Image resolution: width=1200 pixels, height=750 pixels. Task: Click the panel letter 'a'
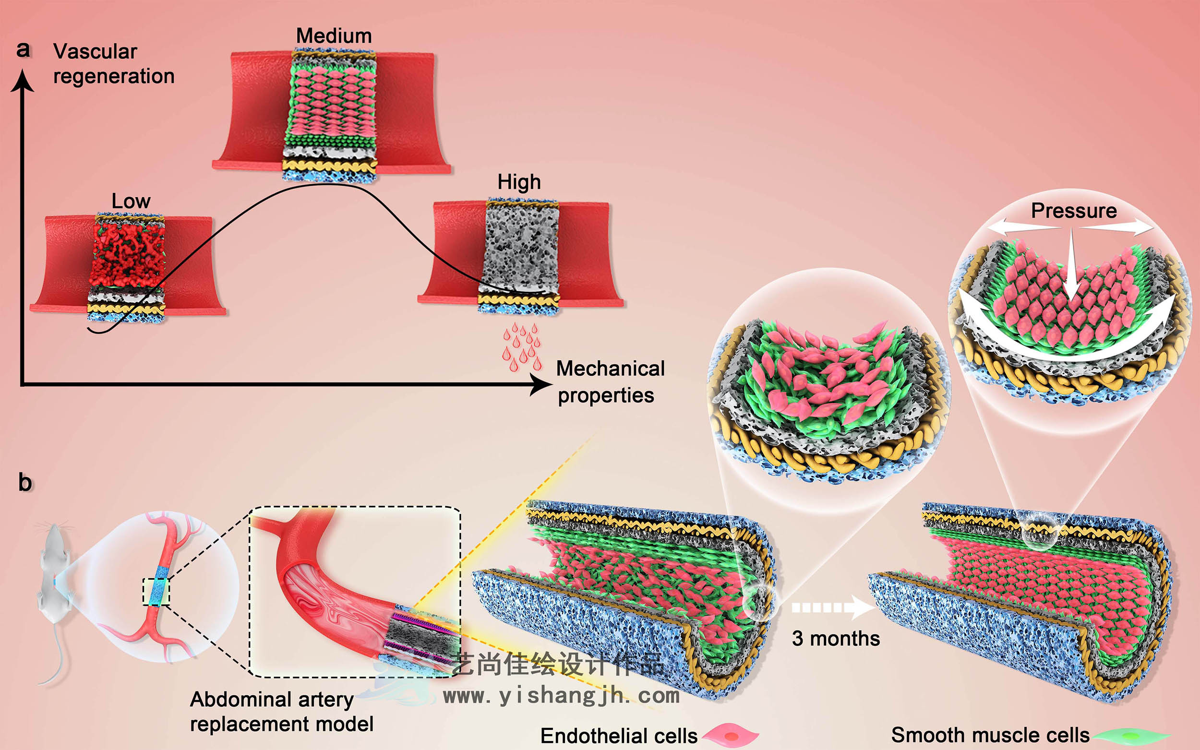pos(24,49)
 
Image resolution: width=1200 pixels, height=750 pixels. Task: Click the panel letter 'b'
pos(25,483)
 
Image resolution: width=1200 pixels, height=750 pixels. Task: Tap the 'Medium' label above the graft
pos(334,36)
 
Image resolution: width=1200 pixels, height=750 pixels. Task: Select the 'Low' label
pos(131,201)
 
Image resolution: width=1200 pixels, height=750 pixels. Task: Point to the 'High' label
pos(519,182)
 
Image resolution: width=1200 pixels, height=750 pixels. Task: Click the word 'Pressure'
pos(1073,211)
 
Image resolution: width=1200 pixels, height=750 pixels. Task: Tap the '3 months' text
pos(836,638)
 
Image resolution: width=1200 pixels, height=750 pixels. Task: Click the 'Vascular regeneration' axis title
pos(113,64)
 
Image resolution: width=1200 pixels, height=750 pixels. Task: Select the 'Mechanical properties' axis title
pos(610,382)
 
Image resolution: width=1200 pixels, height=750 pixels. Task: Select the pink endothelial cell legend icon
pos(730,735)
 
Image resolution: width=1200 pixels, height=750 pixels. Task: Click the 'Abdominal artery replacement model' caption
pos(281,712)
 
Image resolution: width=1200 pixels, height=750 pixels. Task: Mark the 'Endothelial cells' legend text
pos(619,736)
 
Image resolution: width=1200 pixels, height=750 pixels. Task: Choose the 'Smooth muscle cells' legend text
pos(990,735)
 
